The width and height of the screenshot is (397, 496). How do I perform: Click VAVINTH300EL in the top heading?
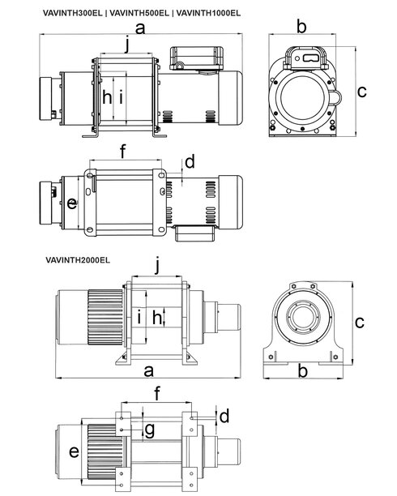click(72, 13)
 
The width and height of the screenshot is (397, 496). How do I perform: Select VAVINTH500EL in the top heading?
click(139, 13)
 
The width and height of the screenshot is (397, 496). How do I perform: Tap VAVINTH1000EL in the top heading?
click(208, 13)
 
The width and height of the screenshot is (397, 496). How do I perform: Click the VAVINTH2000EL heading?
click(78, 260)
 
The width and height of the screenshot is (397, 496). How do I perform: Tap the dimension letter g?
click(149, 430)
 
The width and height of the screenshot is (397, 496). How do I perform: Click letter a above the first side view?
click(140, 28)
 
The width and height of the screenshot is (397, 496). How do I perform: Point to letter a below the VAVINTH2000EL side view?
click(149, 371)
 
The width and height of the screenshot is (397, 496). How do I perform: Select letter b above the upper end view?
click(301, 26)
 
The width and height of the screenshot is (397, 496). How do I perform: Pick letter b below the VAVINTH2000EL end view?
click(303, 370)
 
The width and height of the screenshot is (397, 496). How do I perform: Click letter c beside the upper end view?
click(361, 92)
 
